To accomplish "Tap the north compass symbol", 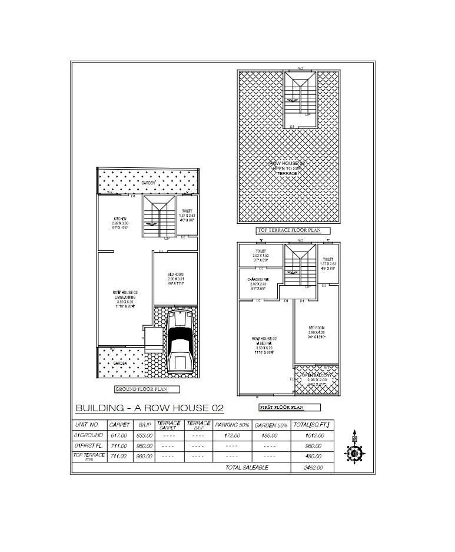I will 354,452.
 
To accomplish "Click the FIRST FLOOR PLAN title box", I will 289,407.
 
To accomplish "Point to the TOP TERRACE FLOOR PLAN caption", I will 293,230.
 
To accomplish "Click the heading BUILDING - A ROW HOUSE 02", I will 150,408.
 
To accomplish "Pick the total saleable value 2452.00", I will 312,467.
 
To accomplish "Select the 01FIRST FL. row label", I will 88,445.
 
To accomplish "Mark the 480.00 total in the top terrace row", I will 312,456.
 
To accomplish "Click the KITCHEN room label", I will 119,219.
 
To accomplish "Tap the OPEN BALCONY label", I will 317,375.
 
